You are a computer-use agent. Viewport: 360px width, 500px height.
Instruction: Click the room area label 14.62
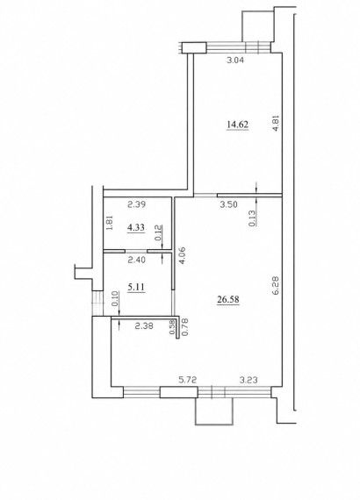point(237,125)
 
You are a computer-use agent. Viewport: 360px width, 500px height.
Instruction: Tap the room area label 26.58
point(228,299)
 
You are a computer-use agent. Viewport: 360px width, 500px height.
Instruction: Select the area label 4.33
point(136,227)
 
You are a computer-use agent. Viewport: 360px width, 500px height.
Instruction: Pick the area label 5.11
point(136,288)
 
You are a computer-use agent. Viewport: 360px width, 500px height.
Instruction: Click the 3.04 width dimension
point(235,60)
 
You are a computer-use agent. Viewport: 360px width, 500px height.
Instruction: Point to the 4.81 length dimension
point(277,123)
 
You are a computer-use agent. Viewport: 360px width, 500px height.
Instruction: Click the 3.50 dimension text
point(229,204)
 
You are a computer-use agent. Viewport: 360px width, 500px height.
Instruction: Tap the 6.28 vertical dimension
point(276,285)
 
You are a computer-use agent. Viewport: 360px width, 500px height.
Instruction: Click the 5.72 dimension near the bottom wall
point(188,380)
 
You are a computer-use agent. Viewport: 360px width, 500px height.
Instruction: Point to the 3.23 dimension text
point(248,380)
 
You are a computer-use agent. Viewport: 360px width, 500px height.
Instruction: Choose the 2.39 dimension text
point(137,204)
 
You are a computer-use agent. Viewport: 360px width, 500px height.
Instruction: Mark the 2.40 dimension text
point(137,260)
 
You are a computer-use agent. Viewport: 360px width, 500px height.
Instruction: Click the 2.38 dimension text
point(144,326)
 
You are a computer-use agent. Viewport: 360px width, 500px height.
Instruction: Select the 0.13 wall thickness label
point(252,218)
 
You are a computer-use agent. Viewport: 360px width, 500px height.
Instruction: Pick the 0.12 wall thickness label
point(159,232)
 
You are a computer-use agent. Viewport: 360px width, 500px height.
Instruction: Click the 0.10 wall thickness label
point(116,299)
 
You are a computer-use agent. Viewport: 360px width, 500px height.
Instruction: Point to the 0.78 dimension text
point(184,327)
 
